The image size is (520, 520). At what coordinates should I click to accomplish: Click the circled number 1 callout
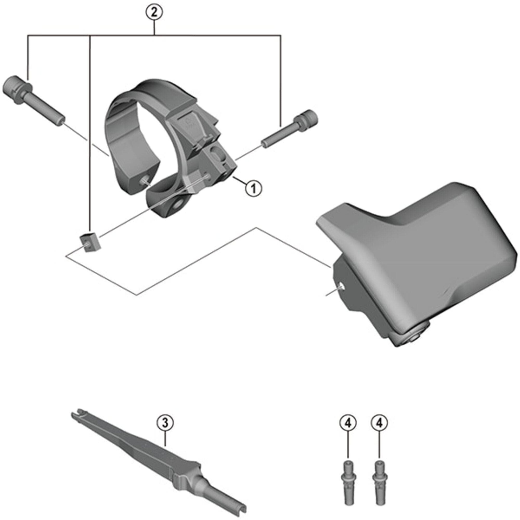[x=253, y=189]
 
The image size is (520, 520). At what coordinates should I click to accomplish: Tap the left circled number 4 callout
[x=348, y=423]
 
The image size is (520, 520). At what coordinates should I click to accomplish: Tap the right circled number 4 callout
[x=379, y=423]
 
